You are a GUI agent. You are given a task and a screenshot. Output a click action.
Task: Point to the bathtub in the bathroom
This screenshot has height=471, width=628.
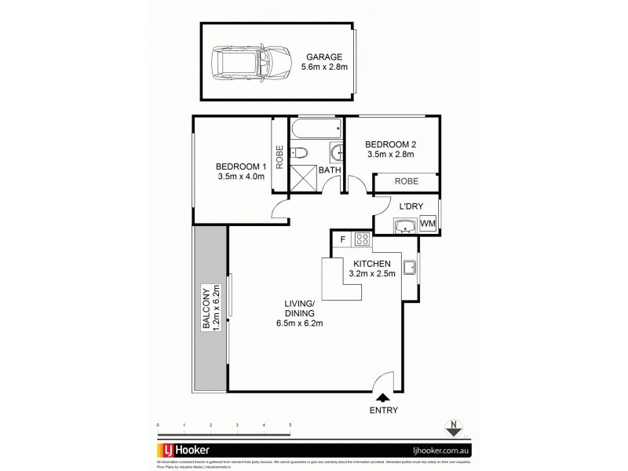click(316, 129)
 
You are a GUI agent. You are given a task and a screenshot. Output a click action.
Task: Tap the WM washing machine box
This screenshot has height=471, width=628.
click(428, 225)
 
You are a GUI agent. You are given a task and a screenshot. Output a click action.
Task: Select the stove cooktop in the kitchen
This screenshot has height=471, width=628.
click(363, 241)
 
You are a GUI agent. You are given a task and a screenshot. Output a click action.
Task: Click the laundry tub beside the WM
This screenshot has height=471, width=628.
click(405, 226)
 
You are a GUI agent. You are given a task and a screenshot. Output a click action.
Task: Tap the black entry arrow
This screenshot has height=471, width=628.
click(382, 398)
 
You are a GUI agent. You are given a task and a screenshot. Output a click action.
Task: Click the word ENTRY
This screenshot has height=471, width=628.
click(382, 411)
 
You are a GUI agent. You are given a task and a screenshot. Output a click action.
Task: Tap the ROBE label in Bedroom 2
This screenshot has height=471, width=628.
click(406, 181)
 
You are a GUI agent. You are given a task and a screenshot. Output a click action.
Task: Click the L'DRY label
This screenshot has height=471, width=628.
click(411, 206)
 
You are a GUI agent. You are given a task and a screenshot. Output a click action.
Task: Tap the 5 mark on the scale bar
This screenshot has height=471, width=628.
click(290, 425)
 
